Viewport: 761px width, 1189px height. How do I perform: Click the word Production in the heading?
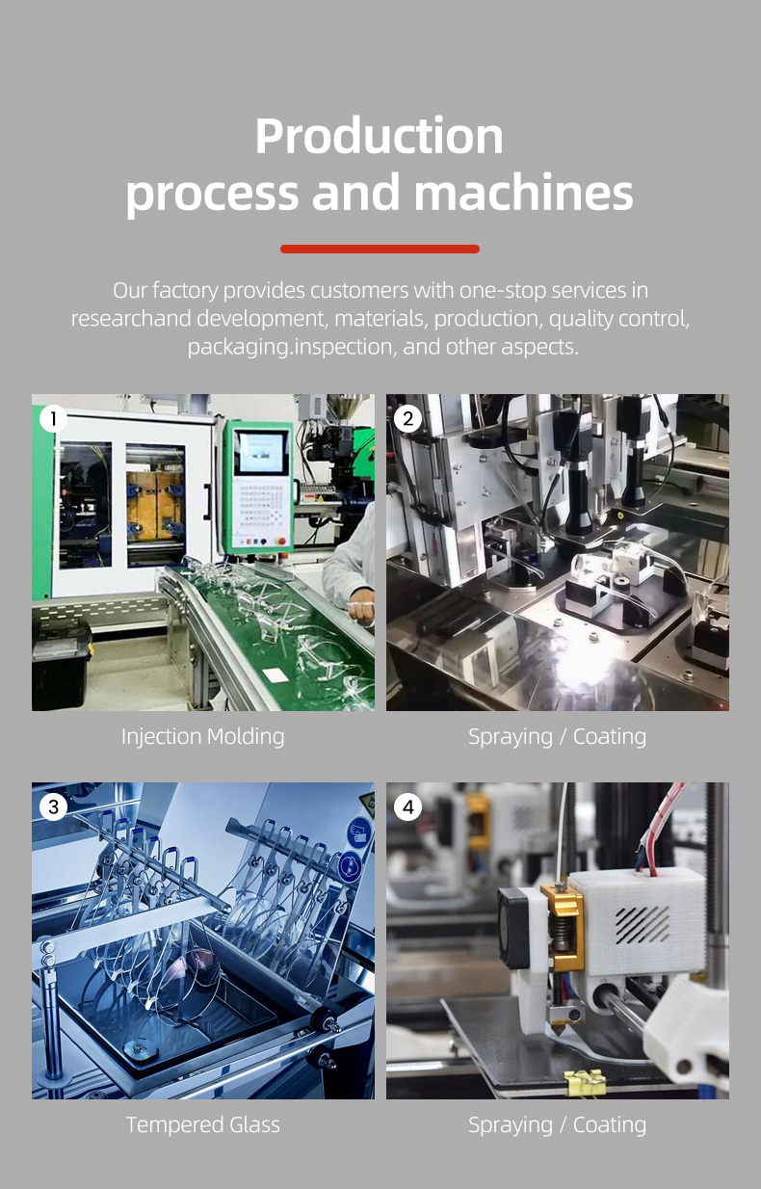coord(380,136)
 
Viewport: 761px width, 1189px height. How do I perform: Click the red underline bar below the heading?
coord(380,249)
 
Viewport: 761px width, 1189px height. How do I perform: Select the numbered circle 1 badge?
coord(53,419)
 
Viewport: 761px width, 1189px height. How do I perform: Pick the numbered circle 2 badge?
coord(407,419)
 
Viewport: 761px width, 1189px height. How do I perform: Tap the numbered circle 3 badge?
coord(53,806)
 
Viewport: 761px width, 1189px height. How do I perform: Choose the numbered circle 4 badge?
coord(407,806)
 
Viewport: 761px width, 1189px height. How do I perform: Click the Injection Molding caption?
coord(202,737)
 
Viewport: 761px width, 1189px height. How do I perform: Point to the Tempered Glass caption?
coord(202,1124)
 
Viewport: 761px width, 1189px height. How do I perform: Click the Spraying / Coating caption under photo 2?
coord(557,737)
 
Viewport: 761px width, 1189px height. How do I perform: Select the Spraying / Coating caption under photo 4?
coord(557,1124)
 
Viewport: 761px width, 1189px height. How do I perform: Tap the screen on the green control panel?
coord(261,452)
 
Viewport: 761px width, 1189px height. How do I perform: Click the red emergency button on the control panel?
coord(280,541)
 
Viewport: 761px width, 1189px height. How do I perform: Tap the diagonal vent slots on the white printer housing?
coord(643,925)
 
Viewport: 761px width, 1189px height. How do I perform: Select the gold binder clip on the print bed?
coord(585,1083)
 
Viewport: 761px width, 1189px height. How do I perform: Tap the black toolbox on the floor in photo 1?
coord(61,665)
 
